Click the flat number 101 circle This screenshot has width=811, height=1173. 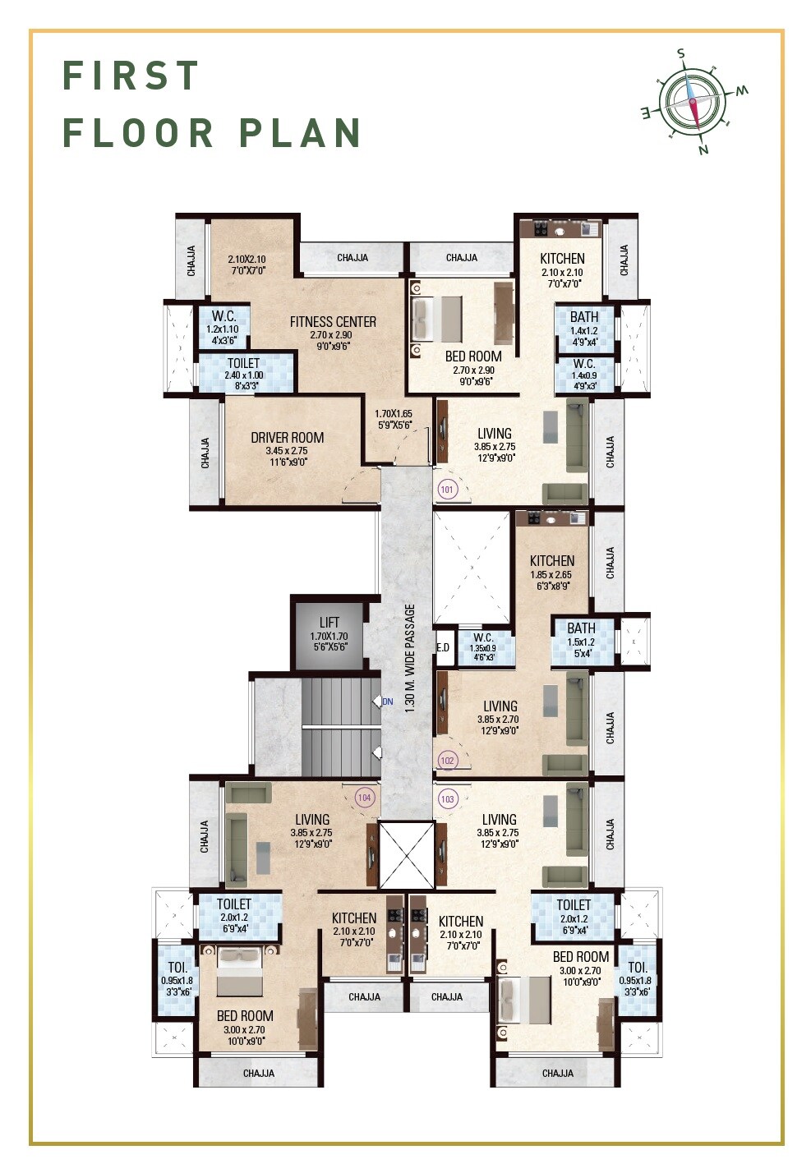coord(447,490)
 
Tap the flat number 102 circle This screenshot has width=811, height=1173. coord(448,761)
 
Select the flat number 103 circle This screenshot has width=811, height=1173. coord(448,799)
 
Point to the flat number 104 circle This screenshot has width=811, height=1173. coord(364,798)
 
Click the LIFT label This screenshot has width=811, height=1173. coord(329,622)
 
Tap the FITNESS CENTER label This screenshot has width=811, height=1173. coord(333,321)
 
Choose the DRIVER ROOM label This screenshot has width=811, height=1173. coord(287,437)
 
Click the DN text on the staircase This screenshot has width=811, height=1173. coord(388,701)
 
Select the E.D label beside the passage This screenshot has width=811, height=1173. coord(443,648)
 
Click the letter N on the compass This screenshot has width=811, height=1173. coord(703,149)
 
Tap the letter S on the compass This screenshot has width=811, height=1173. coord(681,53)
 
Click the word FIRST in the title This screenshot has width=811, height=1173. coord(131,75)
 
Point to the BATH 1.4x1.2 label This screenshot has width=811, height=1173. coord(584,329)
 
